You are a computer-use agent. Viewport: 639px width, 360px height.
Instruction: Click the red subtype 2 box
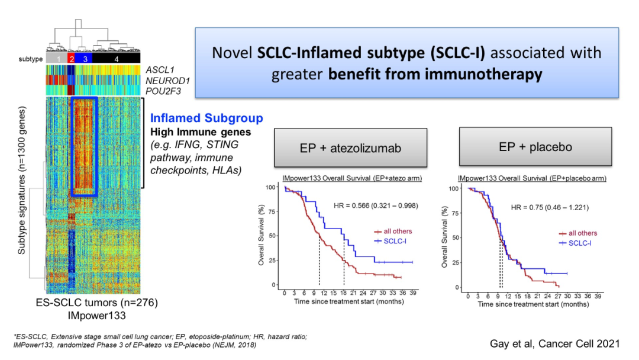[72, 60]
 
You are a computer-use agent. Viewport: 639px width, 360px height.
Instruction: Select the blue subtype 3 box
[85, 60]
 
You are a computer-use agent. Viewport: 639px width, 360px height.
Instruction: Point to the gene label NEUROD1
[163, 80]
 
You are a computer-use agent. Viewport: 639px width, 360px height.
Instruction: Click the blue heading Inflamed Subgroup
[206, 118]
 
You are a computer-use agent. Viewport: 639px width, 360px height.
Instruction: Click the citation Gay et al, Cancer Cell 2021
[554, 343]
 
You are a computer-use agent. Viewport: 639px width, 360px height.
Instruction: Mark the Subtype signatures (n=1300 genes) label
[21, 181]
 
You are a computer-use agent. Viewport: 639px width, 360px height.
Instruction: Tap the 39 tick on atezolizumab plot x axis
[412, 293]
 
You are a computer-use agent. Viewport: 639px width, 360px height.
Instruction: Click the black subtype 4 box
[116, 60]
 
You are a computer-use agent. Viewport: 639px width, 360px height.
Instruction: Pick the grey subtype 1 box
[57, 60]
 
